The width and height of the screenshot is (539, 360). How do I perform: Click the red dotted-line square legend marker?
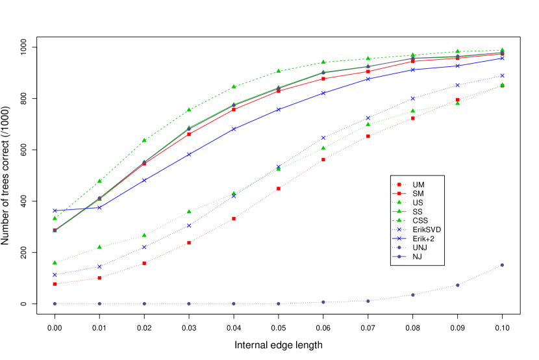click(x=399, y=185)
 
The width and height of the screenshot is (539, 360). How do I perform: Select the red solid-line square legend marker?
click(x=399, y=193)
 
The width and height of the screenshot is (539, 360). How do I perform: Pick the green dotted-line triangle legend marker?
click(x=399, y=202)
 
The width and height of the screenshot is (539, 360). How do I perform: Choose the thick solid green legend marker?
click(x=399, y=211)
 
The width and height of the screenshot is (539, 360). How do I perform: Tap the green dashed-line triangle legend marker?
click(x=399, y=220)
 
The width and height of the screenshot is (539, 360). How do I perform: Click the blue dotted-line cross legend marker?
click(x=399, y=229)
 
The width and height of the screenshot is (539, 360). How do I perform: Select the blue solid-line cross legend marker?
click(x=399, y=238)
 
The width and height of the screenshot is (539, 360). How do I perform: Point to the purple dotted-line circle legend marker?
click(x=399, y=248)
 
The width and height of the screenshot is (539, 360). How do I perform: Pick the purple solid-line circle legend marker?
click(x=399, y=257)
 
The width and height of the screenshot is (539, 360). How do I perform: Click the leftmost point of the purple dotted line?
click(x=55, y=303)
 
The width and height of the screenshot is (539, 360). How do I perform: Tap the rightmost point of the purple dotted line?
click(x=502, y=265)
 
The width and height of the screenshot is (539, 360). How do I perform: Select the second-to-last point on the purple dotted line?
click(x=458, y=285)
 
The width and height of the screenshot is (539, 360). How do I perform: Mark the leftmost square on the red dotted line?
click(x=55, y=284)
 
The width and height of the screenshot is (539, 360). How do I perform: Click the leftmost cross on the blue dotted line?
click(x=55, y=274)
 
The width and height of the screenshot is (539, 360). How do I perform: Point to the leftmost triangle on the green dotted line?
click(x=55, y=263)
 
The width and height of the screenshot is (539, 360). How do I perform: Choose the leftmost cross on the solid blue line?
click(x=55, y=211)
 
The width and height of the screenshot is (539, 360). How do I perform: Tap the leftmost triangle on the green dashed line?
click(x=55, y=218)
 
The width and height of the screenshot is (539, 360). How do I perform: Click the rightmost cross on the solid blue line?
click(x=502, y=58)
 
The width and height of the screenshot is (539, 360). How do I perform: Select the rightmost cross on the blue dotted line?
click(x=502, y=75)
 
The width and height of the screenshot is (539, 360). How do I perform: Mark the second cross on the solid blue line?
click(x=99, y=207)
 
